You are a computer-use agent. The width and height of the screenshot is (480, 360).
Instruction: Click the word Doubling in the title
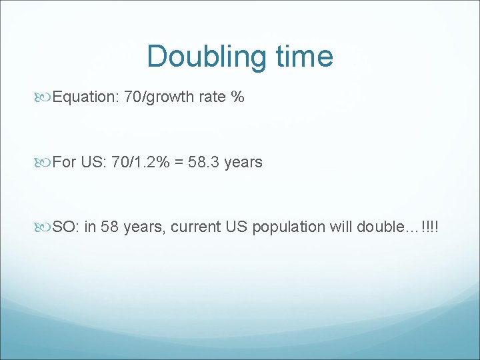coord(195,56)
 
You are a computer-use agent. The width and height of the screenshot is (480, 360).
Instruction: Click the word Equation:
coord(85,97)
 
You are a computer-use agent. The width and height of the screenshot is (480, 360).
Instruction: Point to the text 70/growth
coord(158,97)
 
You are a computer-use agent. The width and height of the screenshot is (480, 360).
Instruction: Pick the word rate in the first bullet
coord(211,97)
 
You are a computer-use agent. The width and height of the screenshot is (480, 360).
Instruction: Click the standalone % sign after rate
coord(237,97)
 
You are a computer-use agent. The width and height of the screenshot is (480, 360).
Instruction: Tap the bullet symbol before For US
coord(45,163)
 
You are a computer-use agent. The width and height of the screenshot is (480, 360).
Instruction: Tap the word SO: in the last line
coord(65,227)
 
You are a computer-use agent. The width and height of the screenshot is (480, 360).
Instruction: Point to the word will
coord(341,227)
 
